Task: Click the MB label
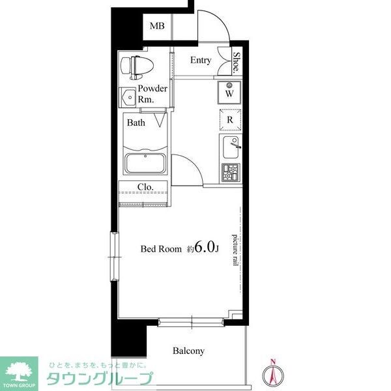tap(157, 26)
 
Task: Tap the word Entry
tap(200, 61)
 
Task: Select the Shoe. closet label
tap(236, 63)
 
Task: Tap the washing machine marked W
tap(229, 91)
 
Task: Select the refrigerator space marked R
tap(230, 120)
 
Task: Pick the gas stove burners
tap(231, 172)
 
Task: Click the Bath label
tap(136, 123)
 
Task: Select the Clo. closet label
tap(145, 187)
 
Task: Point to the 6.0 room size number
tap(204, 248)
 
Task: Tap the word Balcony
tap(188, 351)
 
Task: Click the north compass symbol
tap(274, 373)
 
